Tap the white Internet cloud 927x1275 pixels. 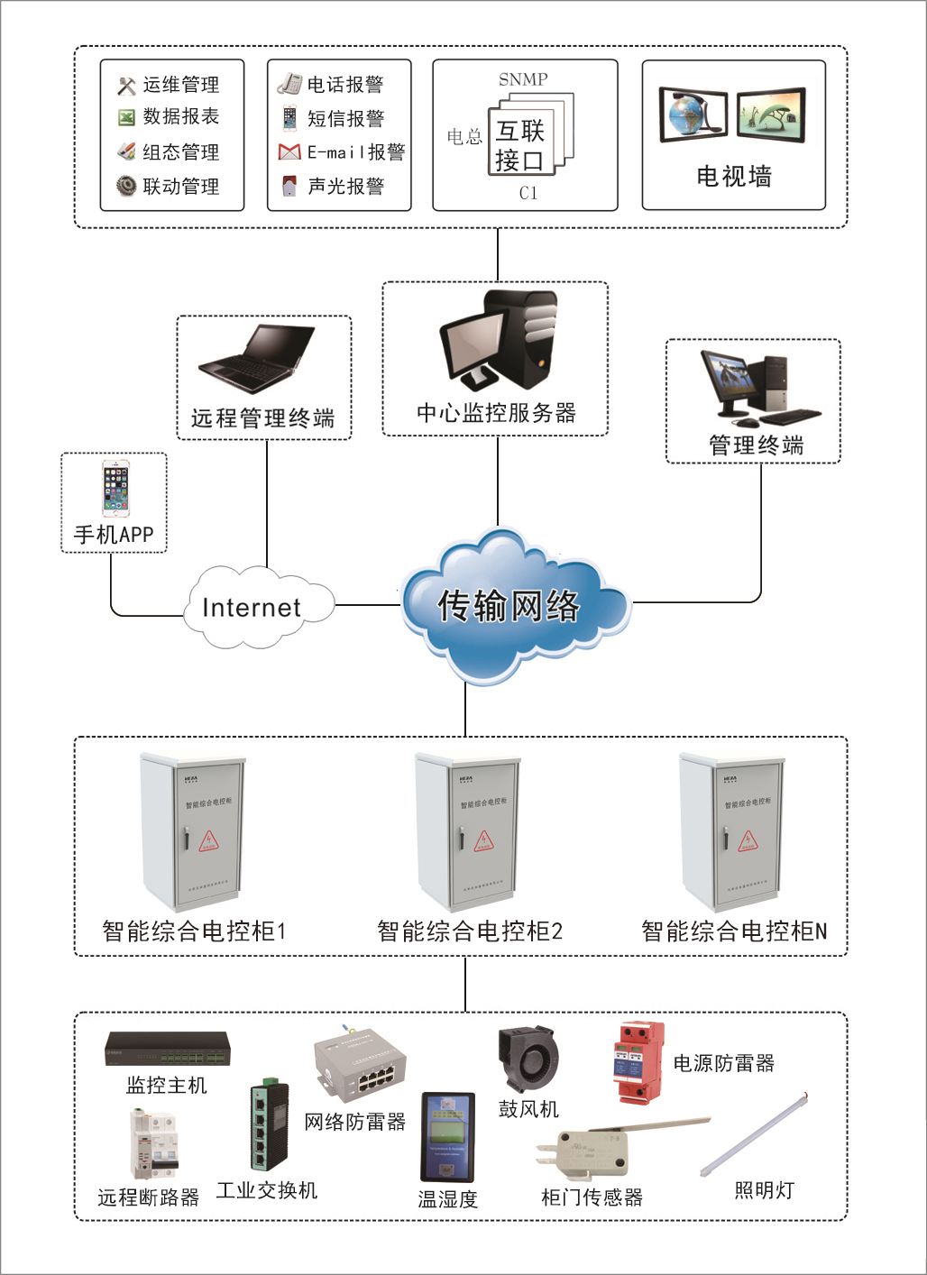252,607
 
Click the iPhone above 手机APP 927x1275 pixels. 115,488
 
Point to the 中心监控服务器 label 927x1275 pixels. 496,413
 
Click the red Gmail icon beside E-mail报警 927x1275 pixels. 289,151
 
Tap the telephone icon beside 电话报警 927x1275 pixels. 289,84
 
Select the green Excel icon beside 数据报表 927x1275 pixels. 126,117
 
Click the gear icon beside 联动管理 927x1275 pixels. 126,186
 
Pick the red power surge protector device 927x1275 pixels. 638,1062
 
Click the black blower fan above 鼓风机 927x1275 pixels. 528,1059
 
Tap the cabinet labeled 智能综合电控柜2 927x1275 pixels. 467,831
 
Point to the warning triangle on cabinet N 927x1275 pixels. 748,841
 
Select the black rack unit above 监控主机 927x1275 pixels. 168,1049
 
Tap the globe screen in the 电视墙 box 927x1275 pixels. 693,115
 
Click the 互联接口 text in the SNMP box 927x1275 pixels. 519,146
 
